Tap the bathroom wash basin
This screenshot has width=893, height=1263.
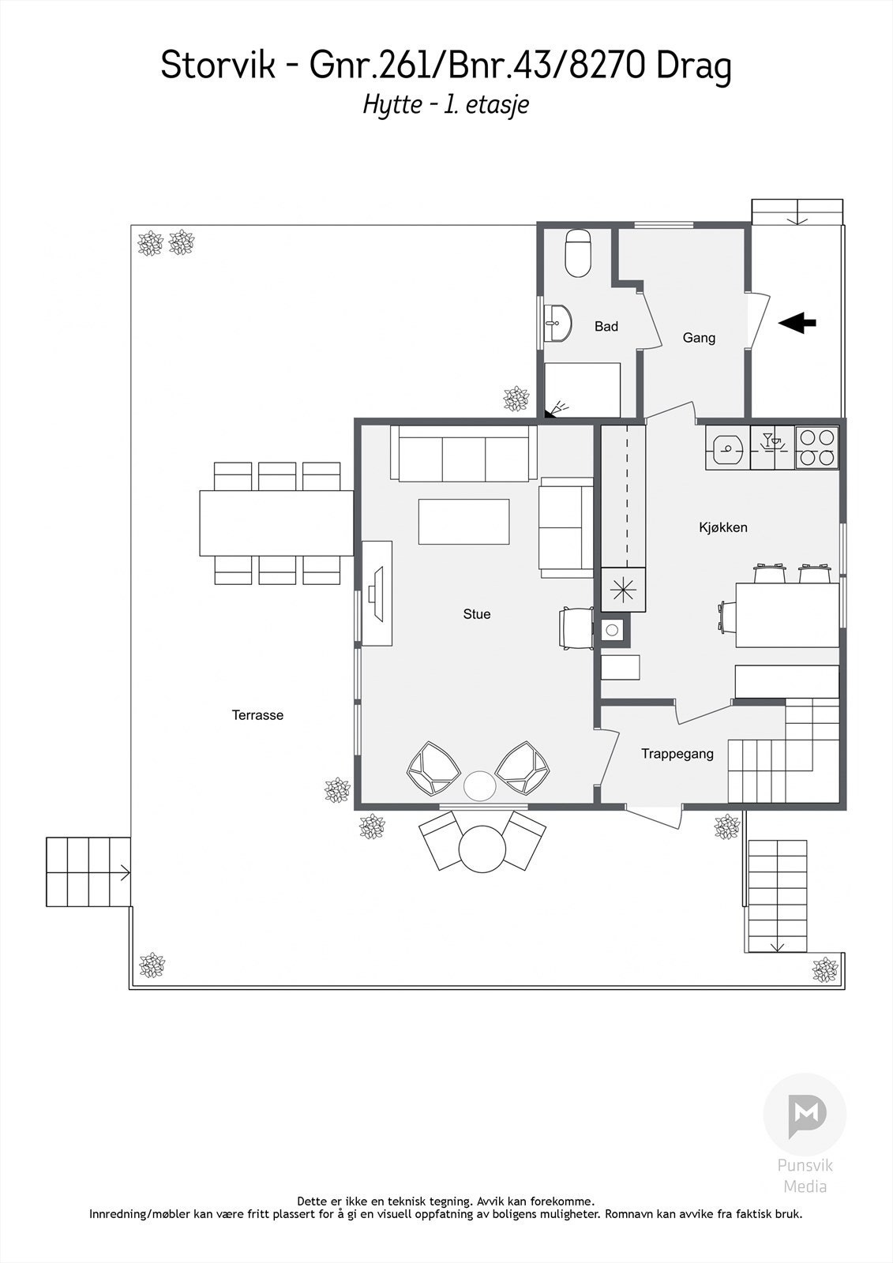(x=560, y=323)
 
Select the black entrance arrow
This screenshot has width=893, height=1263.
(x=797, y=322)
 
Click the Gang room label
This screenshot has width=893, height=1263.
(x=699, y=338)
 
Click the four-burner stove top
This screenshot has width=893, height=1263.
(x=816, y=447)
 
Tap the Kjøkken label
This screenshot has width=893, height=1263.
(x=722, y=527)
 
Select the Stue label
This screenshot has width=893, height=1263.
(x=476, y=614)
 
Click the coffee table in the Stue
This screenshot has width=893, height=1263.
(x=463, y=521)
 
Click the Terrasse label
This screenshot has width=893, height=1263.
(x=257, y=715)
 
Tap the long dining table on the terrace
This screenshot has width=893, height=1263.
(x=276, y=523)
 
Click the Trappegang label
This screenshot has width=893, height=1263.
(x=677, y=754)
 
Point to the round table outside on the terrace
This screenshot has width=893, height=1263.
(x=482, y=849)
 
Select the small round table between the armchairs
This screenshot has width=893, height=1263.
(x=478, y=785)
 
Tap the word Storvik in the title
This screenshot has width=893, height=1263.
(x=218, y=66)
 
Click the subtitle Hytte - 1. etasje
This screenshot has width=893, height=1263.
(x=445, y=105)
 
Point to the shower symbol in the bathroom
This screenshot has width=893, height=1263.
(x=558, y=408)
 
